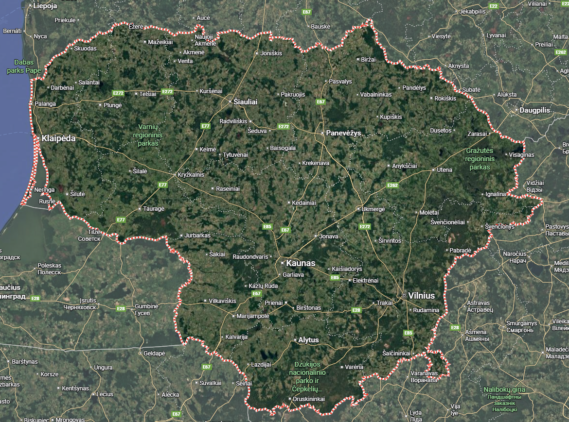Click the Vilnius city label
(422, 295)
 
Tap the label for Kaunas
(301, 263)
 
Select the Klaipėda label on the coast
(58, 138)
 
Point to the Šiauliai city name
(246, 102)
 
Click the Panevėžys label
(343, 133)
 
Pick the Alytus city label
(308, 340)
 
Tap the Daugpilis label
(535, 110)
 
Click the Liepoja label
(45, 6)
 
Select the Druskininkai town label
(309, 399)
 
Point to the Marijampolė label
(252, 316)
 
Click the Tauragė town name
(154, 209)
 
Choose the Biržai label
(369, 59)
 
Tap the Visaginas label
(521, 155)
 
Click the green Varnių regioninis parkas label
(149, 135)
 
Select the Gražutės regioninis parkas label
(480, 159)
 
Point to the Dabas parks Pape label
(24, 66)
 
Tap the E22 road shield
(494, 6)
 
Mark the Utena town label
(445, 170)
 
